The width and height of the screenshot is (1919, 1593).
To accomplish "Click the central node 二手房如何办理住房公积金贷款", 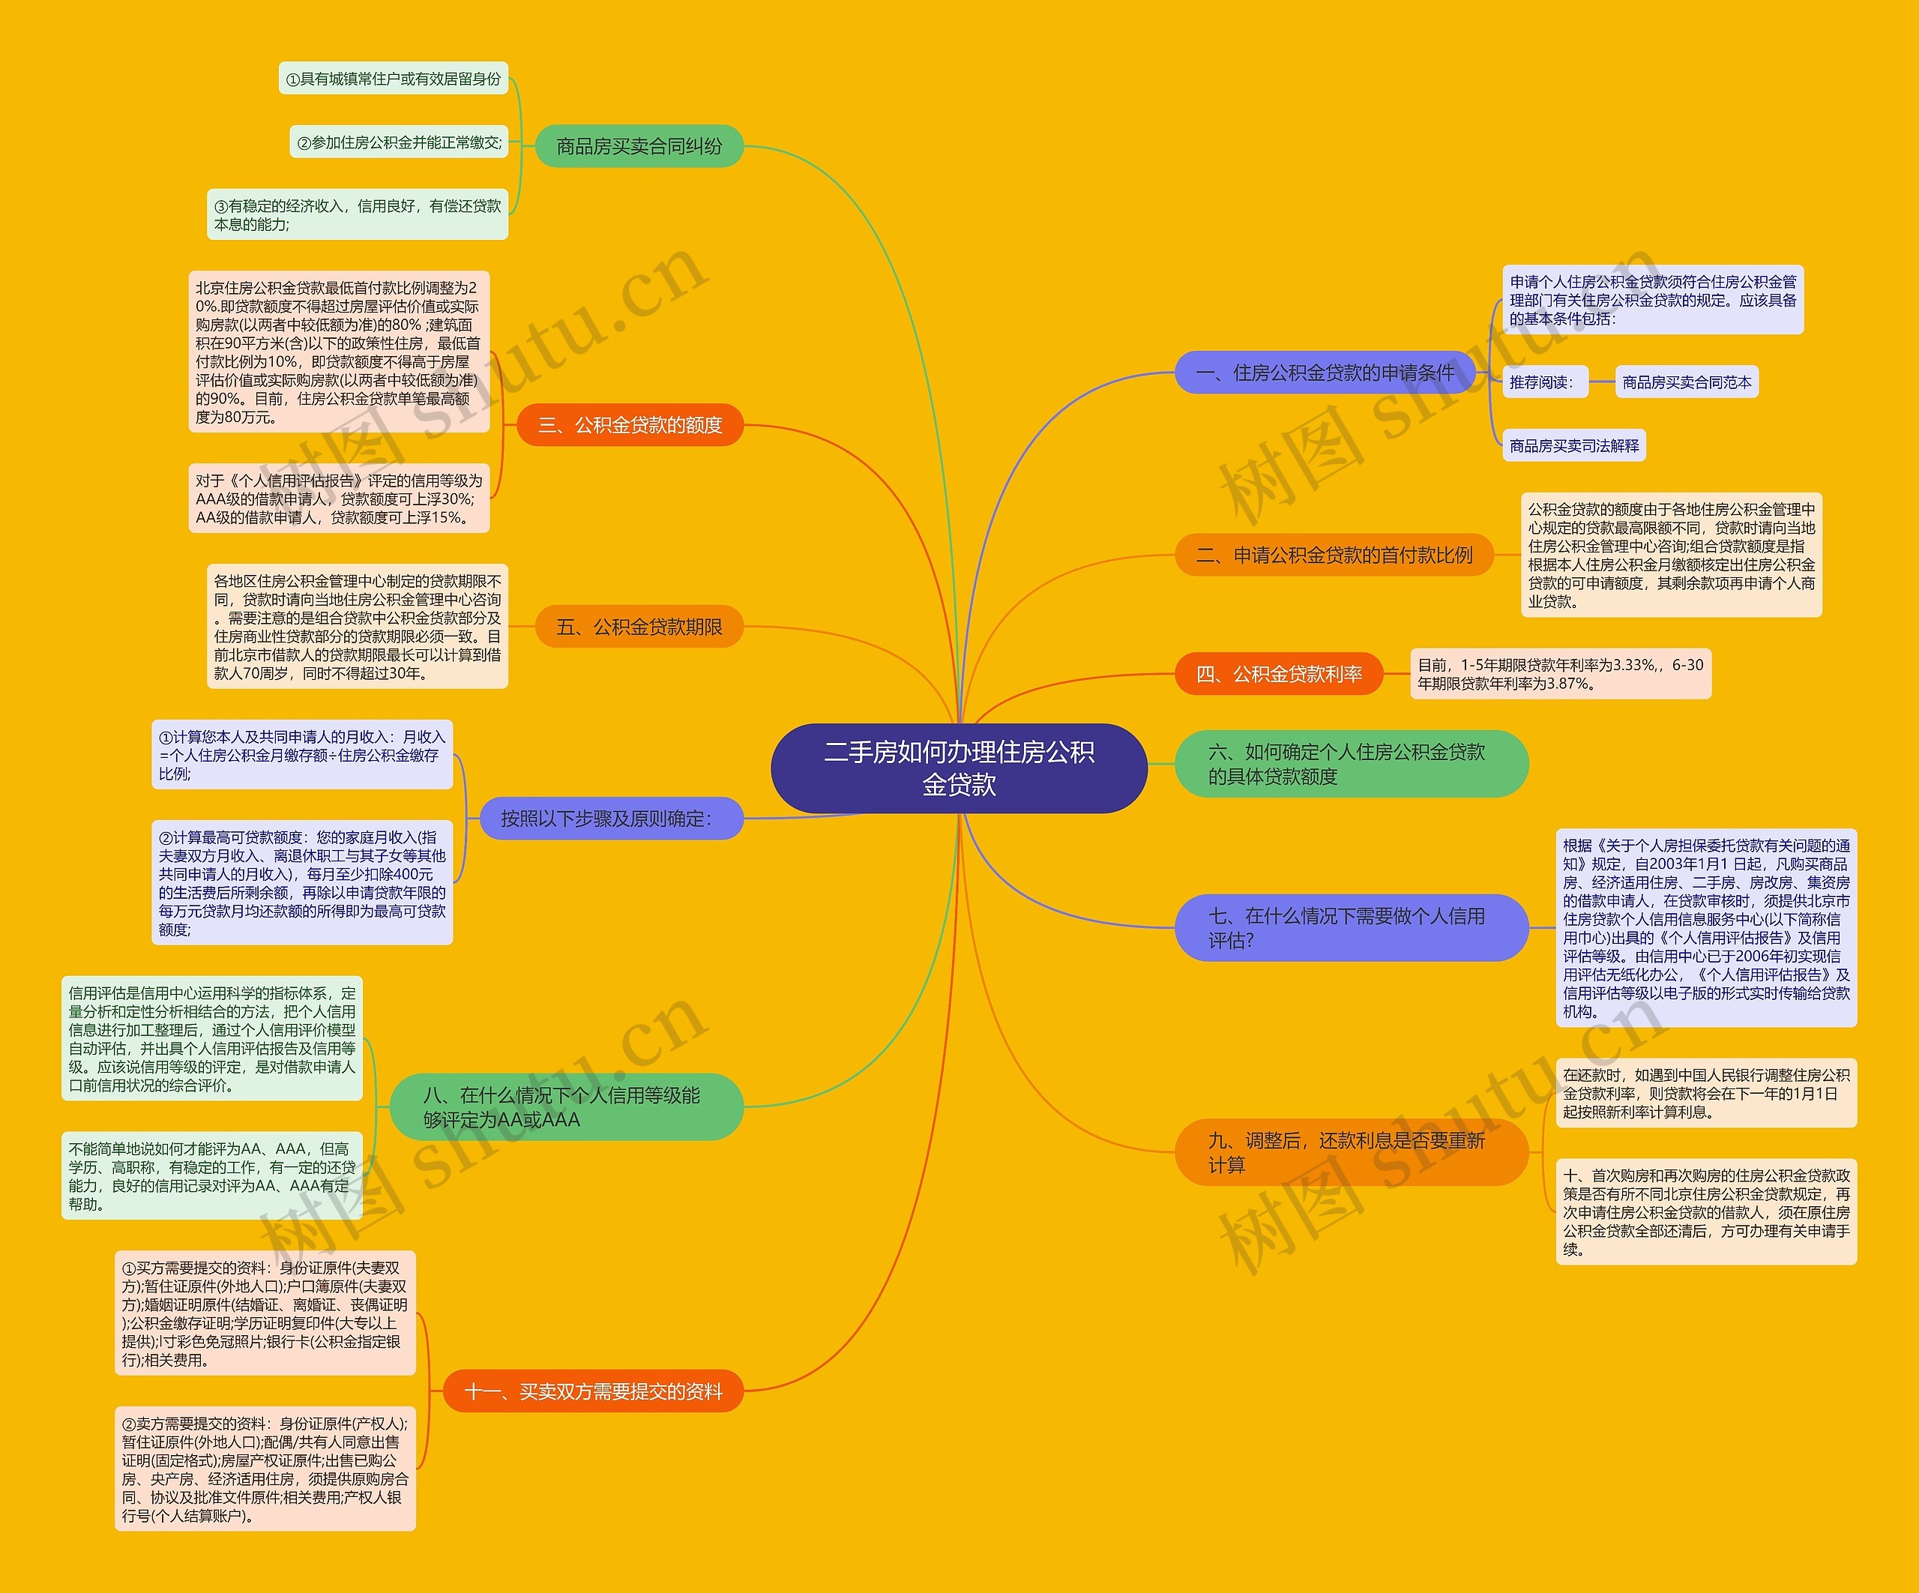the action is point(959,768).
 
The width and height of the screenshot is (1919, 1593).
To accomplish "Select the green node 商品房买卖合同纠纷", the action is point(639,146).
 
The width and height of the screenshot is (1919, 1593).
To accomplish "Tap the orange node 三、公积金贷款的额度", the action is point(630,425).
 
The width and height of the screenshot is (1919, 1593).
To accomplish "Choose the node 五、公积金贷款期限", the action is point(639,627).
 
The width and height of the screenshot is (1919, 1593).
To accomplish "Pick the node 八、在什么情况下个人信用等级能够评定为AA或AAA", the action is point(567,1106).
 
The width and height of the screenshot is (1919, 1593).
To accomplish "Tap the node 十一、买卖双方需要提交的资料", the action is point(593,1391).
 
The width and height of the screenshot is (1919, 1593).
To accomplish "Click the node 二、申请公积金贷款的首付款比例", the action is point(1334,555).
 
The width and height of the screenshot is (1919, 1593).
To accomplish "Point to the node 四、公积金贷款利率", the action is point(1278,674).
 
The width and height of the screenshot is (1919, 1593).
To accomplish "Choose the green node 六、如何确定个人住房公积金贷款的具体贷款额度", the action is point(1351,763).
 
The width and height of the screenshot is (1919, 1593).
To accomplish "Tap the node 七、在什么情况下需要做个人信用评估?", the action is point(1351,927).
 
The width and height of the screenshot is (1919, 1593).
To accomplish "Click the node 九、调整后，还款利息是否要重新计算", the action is point(1351,1151).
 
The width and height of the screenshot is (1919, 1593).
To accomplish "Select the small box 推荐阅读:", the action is point(1544,382).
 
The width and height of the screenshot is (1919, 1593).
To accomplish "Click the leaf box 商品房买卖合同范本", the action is point(1687,382).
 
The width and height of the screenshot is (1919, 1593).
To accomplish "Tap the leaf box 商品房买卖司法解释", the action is point(1573,445).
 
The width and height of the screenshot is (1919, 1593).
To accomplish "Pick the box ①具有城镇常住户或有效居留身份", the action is point(393,79).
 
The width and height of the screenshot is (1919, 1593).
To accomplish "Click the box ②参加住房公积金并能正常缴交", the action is point(399,142).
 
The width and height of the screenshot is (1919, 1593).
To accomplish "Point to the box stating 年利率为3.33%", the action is point(1560,674).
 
